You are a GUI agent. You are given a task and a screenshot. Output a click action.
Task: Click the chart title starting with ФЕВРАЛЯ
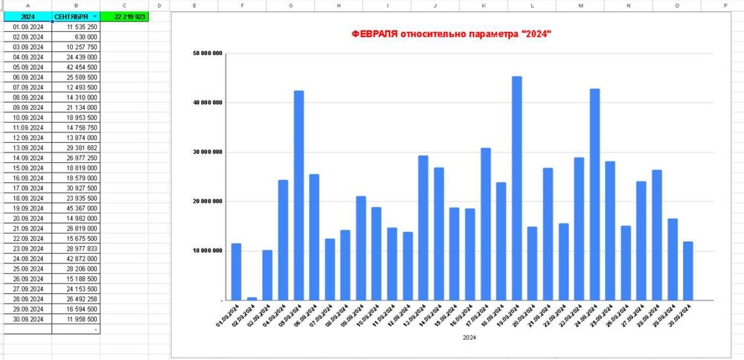click(x=451, y=35)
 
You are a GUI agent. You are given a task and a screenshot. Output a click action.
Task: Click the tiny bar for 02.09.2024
click(x=251, y=298)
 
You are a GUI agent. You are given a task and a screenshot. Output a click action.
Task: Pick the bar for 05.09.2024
click(x=298, y=195)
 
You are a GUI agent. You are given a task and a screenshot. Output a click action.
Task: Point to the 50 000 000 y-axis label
click(x=208, y=53)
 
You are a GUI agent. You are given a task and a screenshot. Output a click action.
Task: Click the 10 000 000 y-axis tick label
click(x=208, y=251)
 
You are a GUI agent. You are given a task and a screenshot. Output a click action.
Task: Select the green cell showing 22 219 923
click(x=124, y=16)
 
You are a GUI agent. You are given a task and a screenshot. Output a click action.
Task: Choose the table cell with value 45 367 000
click(x=77, y=208)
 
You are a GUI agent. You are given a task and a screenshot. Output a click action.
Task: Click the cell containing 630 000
click(x=77, y=36)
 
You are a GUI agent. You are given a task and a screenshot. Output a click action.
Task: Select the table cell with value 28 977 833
click(x=77, y=249)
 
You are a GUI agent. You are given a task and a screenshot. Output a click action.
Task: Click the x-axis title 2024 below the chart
click(x=469, y=337)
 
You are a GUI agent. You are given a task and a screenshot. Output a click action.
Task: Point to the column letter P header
click(x=725, y=4)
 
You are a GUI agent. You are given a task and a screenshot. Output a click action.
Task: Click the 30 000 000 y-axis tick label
click(x=208, y=152)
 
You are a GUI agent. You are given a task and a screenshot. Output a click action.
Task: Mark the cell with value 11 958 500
click(x=77, y=318)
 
